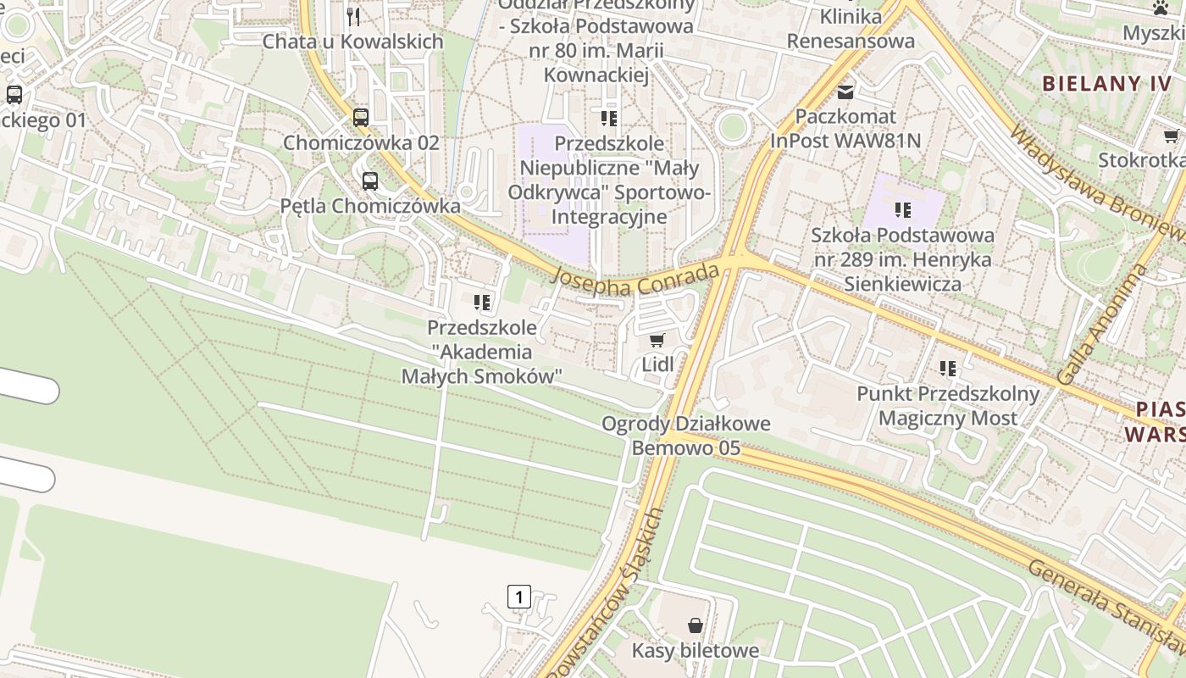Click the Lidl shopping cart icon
tap(657, 341)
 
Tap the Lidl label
tap(658, 364)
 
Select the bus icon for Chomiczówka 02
tap(361, 117)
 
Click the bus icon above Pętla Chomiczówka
tap(370, 181)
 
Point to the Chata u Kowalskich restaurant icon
tap(353, 16)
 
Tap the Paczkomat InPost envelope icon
tap(845, 91)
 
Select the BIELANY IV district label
tap(1106, 83)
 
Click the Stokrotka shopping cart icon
tap(1172, 136)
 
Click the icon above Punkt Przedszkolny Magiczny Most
tap(948, 369)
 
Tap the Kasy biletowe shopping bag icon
tap(696, 625)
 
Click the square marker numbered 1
tap(518, 597)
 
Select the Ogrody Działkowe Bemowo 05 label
tap(686, 436)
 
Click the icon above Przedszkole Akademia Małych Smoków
tap(482, 303)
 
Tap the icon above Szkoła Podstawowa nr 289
tap(903, 209)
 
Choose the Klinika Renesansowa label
tap(851, 28)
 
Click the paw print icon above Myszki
tap(1160, 8)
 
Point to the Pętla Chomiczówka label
tap(370, 206)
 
